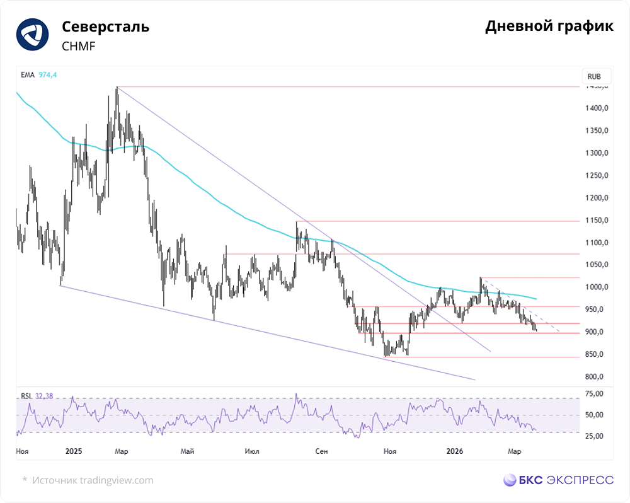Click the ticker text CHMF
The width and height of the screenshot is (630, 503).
point(79,46)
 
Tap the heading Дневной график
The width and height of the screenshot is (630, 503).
point(549,26)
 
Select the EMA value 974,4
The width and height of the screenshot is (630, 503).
point(47,75)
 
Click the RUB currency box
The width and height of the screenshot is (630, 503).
point(594,76)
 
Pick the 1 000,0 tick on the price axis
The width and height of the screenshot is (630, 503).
point(596,287)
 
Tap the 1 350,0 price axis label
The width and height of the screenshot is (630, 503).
point(596,131)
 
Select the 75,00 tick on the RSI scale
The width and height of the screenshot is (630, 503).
point(595,394)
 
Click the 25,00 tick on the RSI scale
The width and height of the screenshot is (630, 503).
point(595,436)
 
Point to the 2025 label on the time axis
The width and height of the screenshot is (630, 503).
point(74,451)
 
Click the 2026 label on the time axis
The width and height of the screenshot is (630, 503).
point(454,451)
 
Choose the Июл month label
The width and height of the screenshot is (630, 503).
point(253,451)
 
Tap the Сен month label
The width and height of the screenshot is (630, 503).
point(322,451)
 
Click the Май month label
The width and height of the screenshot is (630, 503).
point(187,451)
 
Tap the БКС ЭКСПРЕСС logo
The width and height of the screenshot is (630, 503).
point(558,480)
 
